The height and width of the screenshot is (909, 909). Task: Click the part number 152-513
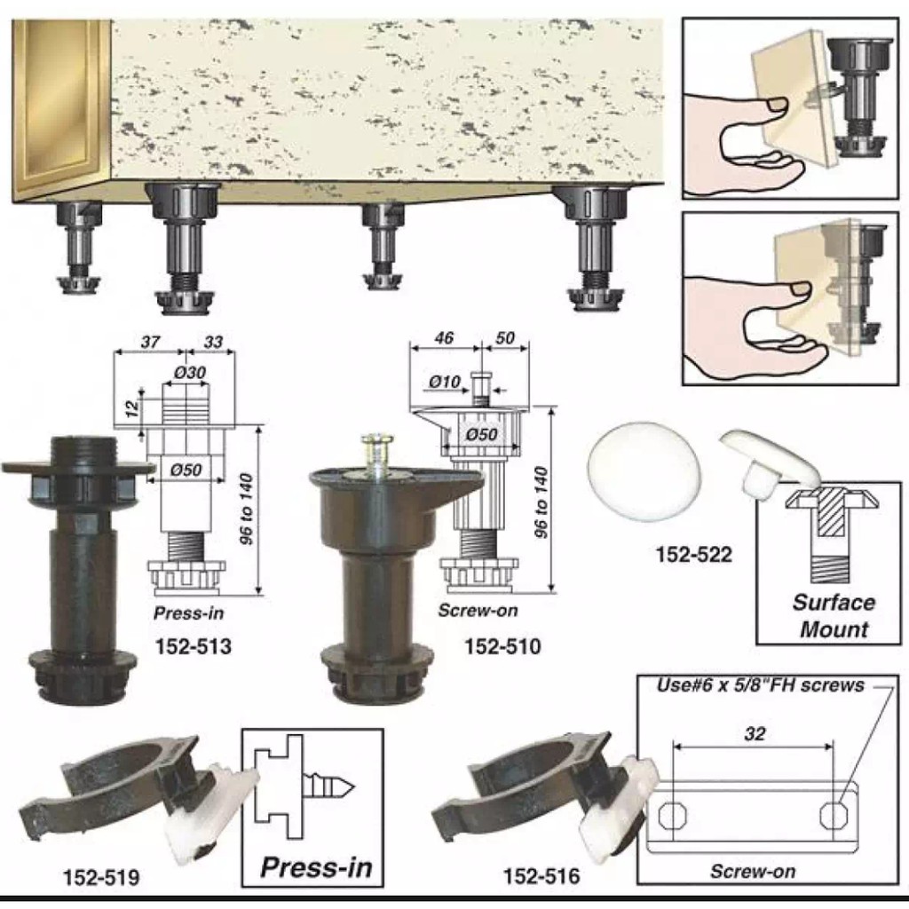pyautogui.click(x=193, y=646)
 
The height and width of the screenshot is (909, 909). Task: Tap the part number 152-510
pyautogui.click(x=502, y=646)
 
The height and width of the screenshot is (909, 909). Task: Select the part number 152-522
pyautogui.click(x=694, y=555)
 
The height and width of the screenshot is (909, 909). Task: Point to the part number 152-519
pyautogui.click(x=101, y=877)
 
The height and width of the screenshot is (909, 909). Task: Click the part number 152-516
pyautogui.click(x=541, y=876)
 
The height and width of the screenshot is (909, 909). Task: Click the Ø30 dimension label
pyautogui.click(x=190, y=372)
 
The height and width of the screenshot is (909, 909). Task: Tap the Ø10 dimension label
pyautogui.click(x=445, y=382)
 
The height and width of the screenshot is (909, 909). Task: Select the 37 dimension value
pyautogui.click(x=150, y=342)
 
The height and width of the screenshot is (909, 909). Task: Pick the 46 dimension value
pyautogui.click(x=444, y=338)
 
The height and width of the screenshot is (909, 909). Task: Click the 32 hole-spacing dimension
pyautogui.click(x=755, y=734)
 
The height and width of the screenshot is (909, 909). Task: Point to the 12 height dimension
pyautogui.click(x=133, y=408)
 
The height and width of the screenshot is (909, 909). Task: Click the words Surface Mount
pyautogui.click(x=834, y=616)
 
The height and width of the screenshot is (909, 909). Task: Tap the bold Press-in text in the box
pyautogui.click(x=316, y=867)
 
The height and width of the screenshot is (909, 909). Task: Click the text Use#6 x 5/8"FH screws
pyautogui.click(x=760, y=686)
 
